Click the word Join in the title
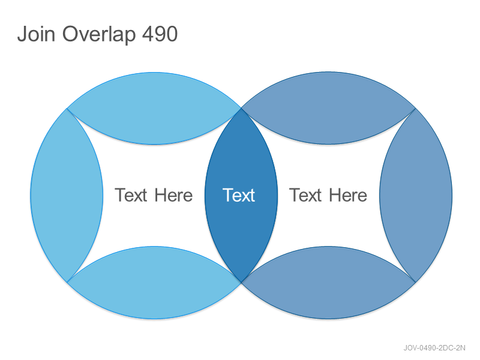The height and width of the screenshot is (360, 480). click(x=36, y=34)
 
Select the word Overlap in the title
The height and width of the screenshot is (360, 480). click(x=99, y=34)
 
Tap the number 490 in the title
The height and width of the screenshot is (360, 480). click(x=160, y=34)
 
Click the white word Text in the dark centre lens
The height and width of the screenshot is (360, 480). click(x=239, y=195)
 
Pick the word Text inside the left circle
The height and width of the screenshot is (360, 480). click(x=131, y=195)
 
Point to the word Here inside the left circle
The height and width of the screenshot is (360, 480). click(x=173, y=195)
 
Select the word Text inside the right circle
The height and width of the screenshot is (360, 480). click(x=305, y=195)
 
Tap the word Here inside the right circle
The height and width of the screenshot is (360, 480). click(x=348, y=195)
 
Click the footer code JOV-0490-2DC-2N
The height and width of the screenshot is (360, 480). click(x=434, y=348)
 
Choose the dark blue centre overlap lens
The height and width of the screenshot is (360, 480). click(x=241, y=195)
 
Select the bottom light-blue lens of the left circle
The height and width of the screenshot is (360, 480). click(x=154, y=282)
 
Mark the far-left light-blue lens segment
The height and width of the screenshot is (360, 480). click(x=67, y=196)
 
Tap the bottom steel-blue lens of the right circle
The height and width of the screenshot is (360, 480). click(x=328, y=282)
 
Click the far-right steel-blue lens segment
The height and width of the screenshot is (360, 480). click(x=416, y=196)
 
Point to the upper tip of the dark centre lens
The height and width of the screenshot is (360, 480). click(x=241, y=108)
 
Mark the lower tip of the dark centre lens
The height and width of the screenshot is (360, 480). click(x=241, y=282)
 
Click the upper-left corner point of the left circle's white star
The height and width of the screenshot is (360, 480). click(x=67, y=109)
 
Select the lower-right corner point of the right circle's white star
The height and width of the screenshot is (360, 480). click(x=415, y=282)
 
